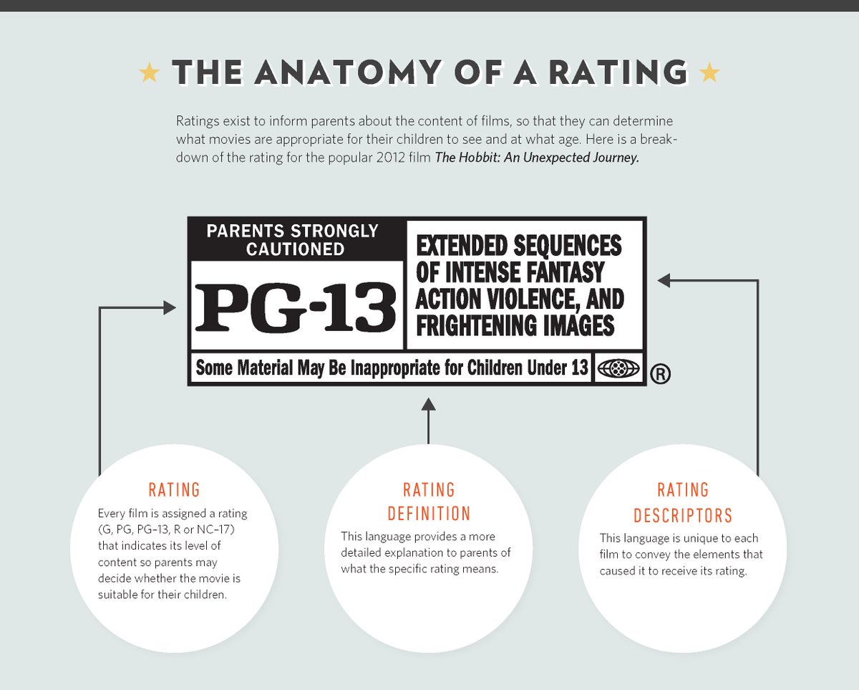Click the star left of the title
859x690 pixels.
pos(150,72)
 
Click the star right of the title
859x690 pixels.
pos(709,72)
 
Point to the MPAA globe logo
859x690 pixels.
pos(618,368)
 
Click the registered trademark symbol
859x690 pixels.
pos(661,374)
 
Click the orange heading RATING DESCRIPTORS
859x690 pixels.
pos(683,502)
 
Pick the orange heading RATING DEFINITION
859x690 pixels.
pos(429,502)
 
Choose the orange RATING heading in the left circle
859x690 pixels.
pos(174,490)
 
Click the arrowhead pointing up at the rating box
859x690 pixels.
pos(429,406)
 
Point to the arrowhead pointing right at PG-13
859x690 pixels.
pos(170,308)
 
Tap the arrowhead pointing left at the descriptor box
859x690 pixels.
pos(664,281)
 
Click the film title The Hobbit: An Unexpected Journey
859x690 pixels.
pos(537,158)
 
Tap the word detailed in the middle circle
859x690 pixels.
pos(364,552)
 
